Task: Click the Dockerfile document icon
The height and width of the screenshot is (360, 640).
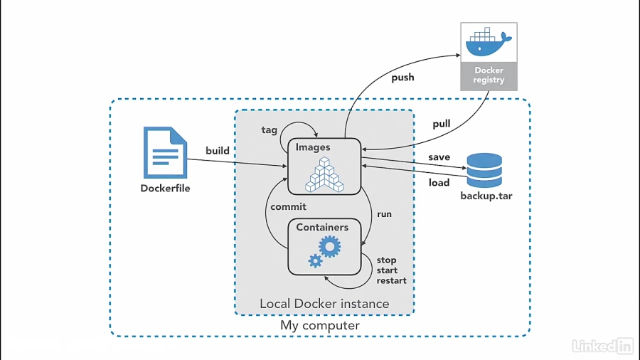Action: point(165,152)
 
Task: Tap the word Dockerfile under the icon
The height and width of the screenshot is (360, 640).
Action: point(165,189)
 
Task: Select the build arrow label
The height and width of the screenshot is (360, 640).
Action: point(218,150)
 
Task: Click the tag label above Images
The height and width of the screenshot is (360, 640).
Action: point(270,129)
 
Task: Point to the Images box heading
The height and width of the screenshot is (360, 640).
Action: point(313,147)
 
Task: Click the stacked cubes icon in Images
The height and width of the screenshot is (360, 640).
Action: point(324,174)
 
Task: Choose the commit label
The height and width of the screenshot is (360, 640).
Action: point(288,206)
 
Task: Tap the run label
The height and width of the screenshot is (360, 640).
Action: point(384,213)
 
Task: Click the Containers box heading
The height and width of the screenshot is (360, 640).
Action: point(322,227)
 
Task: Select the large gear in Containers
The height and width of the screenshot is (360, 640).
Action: point(329,247)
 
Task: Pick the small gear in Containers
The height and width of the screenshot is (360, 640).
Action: point(315,261)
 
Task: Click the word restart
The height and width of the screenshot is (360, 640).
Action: point(391,280)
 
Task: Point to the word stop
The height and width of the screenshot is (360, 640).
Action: point(386,260)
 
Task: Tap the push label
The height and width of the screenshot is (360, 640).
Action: point(402,77)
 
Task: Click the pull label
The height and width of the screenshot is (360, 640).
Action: point(442,124)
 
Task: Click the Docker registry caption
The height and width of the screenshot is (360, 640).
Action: point(489,75)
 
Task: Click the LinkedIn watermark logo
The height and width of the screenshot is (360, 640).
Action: point(602,346)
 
